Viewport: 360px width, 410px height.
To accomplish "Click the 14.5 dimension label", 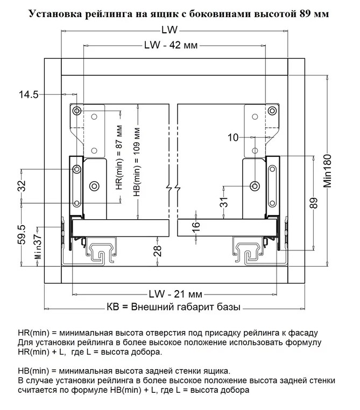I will [29, 95].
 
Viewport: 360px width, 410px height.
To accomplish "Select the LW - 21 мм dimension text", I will [175, 294].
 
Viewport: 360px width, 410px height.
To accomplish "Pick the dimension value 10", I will [232, 138].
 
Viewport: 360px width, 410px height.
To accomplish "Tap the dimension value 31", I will [224, 202].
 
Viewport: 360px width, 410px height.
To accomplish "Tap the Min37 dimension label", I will [37, 247].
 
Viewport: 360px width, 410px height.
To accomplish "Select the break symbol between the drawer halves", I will [172, 189].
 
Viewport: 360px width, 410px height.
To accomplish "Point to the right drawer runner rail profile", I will [249, 250].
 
